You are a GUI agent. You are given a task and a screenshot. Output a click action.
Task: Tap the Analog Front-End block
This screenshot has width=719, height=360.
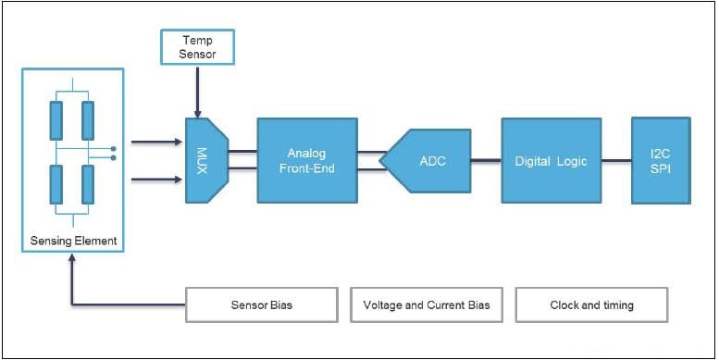[307, 160]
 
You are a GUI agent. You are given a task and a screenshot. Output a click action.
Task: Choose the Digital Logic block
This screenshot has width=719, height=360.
[551, 160]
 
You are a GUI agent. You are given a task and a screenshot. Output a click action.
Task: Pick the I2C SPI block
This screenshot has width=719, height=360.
[660, 160]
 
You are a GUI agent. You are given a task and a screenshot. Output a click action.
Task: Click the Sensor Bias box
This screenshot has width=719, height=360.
[262, 304]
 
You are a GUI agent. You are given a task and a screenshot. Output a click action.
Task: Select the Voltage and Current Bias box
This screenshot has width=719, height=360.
[427, 304]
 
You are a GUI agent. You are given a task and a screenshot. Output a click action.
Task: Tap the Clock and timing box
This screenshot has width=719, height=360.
[591, 304]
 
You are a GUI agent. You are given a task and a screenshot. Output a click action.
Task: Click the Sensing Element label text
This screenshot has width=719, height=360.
[72, 242]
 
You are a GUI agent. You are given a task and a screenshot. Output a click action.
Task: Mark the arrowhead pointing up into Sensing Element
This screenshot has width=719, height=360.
[72, 262]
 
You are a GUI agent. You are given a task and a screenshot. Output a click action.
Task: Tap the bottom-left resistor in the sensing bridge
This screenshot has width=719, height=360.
[56, 183]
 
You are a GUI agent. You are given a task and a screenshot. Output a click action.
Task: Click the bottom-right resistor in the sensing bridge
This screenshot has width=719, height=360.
[88, 183]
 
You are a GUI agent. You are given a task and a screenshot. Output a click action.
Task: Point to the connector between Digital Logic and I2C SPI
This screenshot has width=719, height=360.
[616, 160]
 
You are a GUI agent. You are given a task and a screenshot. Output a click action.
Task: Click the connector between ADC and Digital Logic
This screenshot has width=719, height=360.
[486, 160]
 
